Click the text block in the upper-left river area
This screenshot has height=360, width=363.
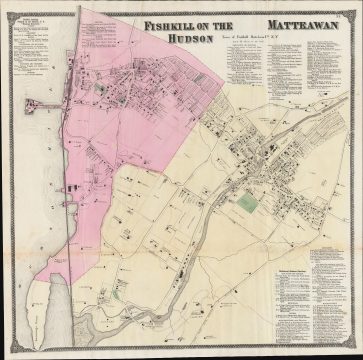(x=30, y=45)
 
